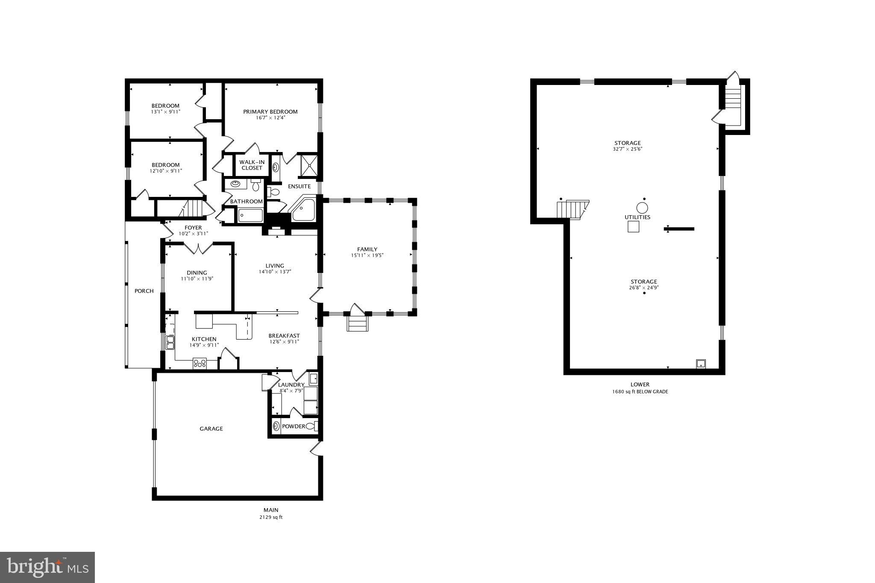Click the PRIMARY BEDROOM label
270,111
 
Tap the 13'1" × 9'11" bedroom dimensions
165,112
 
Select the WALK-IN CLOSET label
252,165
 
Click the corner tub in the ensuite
304,210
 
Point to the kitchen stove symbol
200,363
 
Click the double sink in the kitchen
170,343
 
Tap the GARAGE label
211,429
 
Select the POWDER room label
294,426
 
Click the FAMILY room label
367,249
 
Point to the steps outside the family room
357,323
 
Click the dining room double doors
198,248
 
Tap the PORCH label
144,291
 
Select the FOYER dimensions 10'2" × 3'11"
193,234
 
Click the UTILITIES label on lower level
637,217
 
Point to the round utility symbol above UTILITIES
642,208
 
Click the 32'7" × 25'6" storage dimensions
627,149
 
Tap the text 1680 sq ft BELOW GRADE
640,392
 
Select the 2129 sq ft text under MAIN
270,517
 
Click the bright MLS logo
47,567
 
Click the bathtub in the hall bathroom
250,216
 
